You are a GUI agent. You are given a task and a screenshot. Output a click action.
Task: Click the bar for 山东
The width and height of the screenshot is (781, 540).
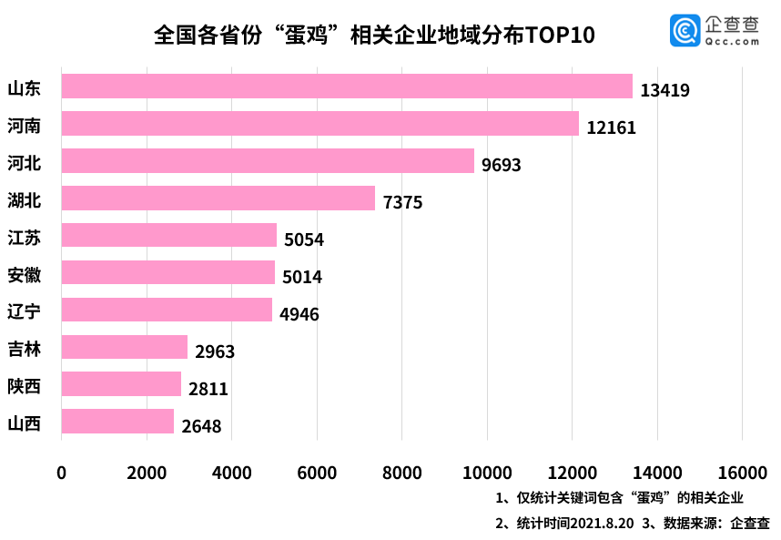[346, 87]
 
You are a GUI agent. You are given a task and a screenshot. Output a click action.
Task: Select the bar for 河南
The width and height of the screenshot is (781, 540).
[319, 124]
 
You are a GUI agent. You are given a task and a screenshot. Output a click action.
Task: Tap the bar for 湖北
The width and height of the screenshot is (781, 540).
[218, 199]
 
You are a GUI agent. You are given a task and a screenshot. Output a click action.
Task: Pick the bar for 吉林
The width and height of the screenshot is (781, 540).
[124, 348]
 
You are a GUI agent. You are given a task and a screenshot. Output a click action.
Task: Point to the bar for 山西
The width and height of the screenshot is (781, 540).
[117, 422]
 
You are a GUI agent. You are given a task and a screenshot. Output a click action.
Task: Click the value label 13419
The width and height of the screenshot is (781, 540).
[664, 90]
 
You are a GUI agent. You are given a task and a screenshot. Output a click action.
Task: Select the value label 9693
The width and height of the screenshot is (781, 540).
[502, 165]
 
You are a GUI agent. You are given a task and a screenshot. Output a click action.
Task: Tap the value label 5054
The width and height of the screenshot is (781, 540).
[304, 239]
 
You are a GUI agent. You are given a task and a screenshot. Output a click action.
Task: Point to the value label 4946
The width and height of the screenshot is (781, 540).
[299, 315]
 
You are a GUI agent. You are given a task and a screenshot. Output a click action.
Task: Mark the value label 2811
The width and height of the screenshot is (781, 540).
[208, 390]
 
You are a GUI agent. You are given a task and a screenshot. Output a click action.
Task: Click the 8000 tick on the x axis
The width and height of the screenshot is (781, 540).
[401, 473]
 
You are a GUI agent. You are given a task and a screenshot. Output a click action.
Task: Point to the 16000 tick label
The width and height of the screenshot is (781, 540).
[742, 473]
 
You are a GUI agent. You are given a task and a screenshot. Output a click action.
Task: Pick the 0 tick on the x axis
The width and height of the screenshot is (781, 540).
[62, 473]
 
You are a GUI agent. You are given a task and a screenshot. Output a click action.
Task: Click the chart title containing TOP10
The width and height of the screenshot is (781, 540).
[374, 35]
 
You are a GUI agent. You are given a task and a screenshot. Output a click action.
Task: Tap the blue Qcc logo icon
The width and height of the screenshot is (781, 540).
[685, 30]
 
